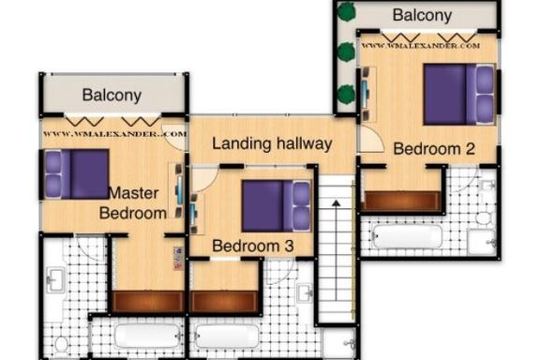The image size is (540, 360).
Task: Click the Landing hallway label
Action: tap(272, 143)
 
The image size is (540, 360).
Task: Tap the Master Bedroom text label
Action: tap(134, 203)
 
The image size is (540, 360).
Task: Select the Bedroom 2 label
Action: tap(434, 149)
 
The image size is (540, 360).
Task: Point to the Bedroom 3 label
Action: tap(253, 246)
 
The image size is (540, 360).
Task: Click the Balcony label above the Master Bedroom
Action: tap(112, 96)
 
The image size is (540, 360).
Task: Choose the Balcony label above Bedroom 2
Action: tap(422, 16)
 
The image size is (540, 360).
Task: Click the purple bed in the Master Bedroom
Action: tap(77, 174)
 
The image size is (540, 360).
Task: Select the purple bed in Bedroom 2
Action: tap(459, 94)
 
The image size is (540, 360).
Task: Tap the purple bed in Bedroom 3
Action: tap(277, 206)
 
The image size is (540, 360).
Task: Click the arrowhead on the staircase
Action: tap(337, 202)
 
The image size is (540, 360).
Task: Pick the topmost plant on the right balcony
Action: tap(346, 11)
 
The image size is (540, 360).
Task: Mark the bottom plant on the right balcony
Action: tap(346, 95)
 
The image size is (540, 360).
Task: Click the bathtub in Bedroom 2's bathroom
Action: tap(408, 236)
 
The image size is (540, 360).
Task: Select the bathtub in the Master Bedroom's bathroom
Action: tap(148, 336)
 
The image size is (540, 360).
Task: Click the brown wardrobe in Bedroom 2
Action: tap(401, 202)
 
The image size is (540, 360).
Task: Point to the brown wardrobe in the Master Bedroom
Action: tap(147, 302)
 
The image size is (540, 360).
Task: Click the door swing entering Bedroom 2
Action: tap(371, 140)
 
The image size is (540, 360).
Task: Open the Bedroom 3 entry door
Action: tap(204, 179)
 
